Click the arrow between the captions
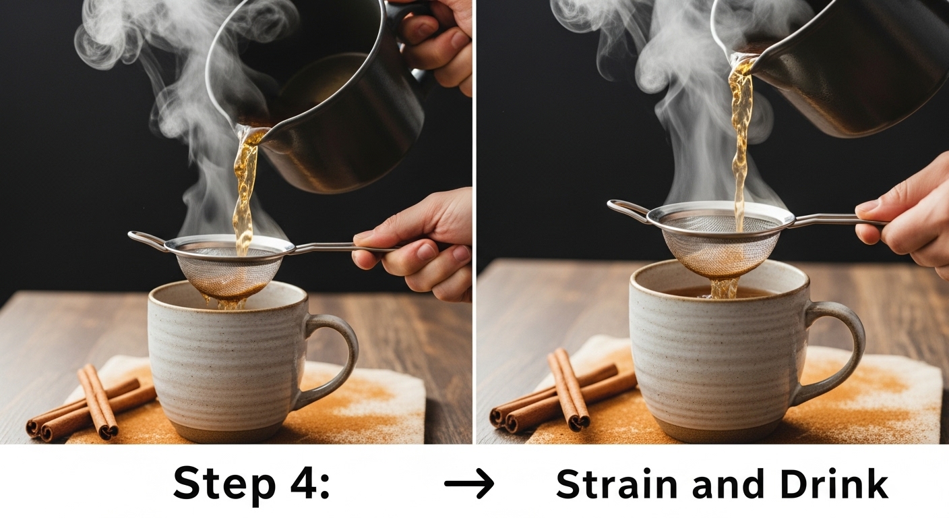point(469,483)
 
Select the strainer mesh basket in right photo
point(721,246)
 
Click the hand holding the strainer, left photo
point(419,246)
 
